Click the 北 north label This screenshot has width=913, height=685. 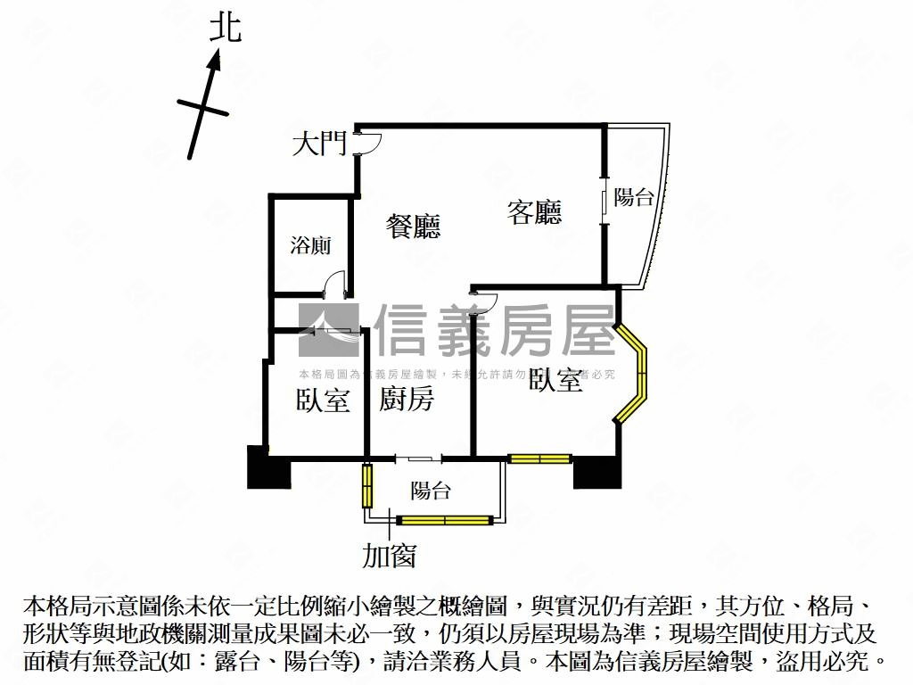tap(226, 28)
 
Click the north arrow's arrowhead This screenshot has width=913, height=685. tap(214, 61)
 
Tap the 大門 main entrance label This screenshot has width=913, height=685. tap(319, 144)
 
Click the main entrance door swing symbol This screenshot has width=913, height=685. tap(368, 144)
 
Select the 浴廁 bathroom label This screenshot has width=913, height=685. tap(309, 245)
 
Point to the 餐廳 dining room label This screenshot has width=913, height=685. tap(413, 227)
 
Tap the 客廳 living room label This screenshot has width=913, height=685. tap(534, 212)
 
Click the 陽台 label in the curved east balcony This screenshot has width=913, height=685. tap(634, 197)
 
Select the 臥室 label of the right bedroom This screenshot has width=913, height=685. tap(555, 381)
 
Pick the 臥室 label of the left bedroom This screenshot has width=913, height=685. tap(322, 400)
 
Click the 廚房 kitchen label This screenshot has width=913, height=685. tap(407, 400)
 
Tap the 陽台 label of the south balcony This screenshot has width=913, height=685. tap(431, 491)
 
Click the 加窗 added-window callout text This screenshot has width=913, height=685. tap(389, 556)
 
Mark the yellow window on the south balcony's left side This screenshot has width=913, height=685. tap(366, 484)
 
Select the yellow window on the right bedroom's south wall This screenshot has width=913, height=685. tap(539, 458)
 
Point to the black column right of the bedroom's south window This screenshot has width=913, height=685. tap(596, 471)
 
